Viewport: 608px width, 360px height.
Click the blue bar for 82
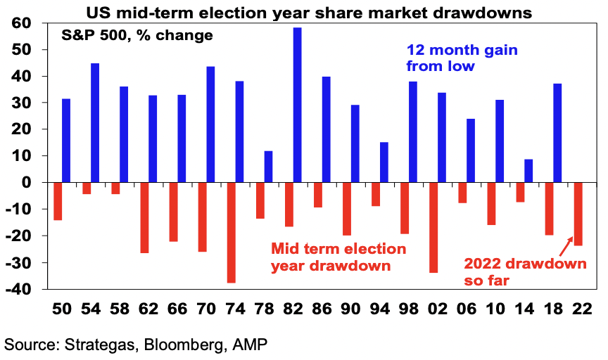pyautogui.click(x=298, y=105)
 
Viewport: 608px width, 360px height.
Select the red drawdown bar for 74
pyautogui.click(x=231, y=233)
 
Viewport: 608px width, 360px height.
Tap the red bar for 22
pyautogui.click(x=578, y=214)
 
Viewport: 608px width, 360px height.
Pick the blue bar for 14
pyautogui.click(x=528, y=170)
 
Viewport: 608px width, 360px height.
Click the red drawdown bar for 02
pyautogui.click(x=433, y=228)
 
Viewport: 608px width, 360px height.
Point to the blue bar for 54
pyautogui.click(x=95, y=123)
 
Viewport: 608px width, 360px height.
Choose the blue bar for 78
pyautogui.click(x=268, y=167)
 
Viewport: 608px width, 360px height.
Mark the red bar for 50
pyautogui.click(x=58, y=201)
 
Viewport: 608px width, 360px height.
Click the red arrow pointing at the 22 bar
pyautogui.click(x=567, y=244)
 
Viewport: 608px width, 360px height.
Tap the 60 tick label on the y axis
pyautogui.click(x=21, y=23)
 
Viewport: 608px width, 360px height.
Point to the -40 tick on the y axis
pyautogui.click(x=18, y=289)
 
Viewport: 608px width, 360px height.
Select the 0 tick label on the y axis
pyautogui.click(x=26, y=182)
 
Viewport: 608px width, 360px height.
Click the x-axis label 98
pyautogui.click(x=409, y=309)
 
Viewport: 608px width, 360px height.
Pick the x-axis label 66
pyautogui.click(x=177, y=309)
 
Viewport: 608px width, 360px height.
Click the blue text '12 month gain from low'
pyautogui.click(x=462, y=58)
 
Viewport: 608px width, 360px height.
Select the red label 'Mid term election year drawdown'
pyautogui.click(x=338, y=257)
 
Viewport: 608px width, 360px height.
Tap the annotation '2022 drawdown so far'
pyautogui.click(x=526, y=271)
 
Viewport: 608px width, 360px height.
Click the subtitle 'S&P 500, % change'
pyautogui.click(x=137, y=36)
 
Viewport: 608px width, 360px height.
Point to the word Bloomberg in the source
pyautogui.click(x=186, y=345)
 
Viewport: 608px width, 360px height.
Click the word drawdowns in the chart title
pyautogui.click(x=482, y=13)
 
